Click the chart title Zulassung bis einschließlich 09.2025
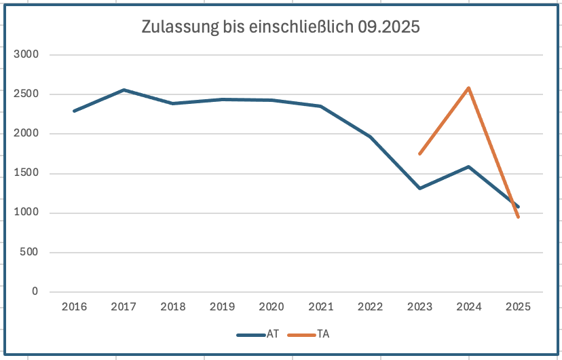point(280,27)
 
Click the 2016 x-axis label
point(74,307)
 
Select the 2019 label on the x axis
point(222,307)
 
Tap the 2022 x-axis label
point(370,307)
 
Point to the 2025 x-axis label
point(518,307)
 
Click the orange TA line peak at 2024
point(469,88)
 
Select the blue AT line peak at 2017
point(124,90)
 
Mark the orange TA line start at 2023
point(419,154)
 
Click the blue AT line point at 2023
point(419,188)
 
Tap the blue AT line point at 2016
point(74,111)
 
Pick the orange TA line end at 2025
point(518,217)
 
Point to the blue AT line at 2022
point(370,137)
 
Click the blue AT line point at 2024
point(469,166)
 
